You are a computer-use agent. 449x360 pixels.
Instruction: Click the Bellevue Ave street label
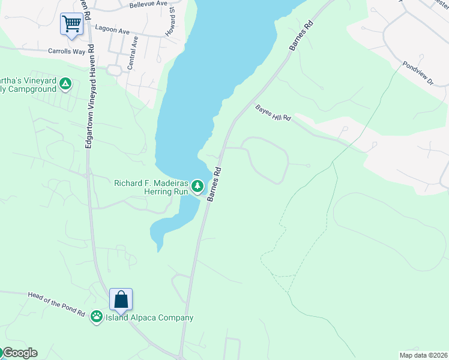tap(148, 4)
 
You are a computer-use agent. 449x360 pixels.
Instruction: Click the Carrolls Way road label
tap(67, 52)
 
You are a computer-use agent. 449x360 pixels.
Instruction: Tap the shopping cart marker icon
tap(71, 24)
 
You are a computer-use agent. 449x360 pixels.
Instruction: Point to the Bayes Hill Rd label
tap(273, 113)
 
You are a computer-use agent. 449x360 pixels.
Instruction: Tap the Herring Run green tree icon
tap(197, 188)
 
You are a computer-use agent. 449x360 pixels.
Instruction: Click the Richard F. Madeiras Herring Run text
tap(151, 187)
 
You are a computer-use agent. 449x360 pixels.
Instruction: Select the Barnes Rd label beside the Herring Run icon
tap(214, 184)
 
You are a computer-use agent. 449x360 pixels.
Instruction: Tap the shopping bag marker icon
tap(121, 299)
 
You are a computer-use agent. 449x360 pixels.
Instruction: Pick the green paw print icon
tap(97, 316)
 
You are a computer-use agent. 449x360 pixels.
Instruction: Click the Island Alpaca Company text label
tap(150, 318)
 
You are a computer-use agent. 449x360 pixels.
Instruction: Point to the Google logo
tap(19, 353)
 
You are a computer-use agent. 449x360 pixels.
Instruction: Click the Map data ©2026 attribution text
tap(423, 355)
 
